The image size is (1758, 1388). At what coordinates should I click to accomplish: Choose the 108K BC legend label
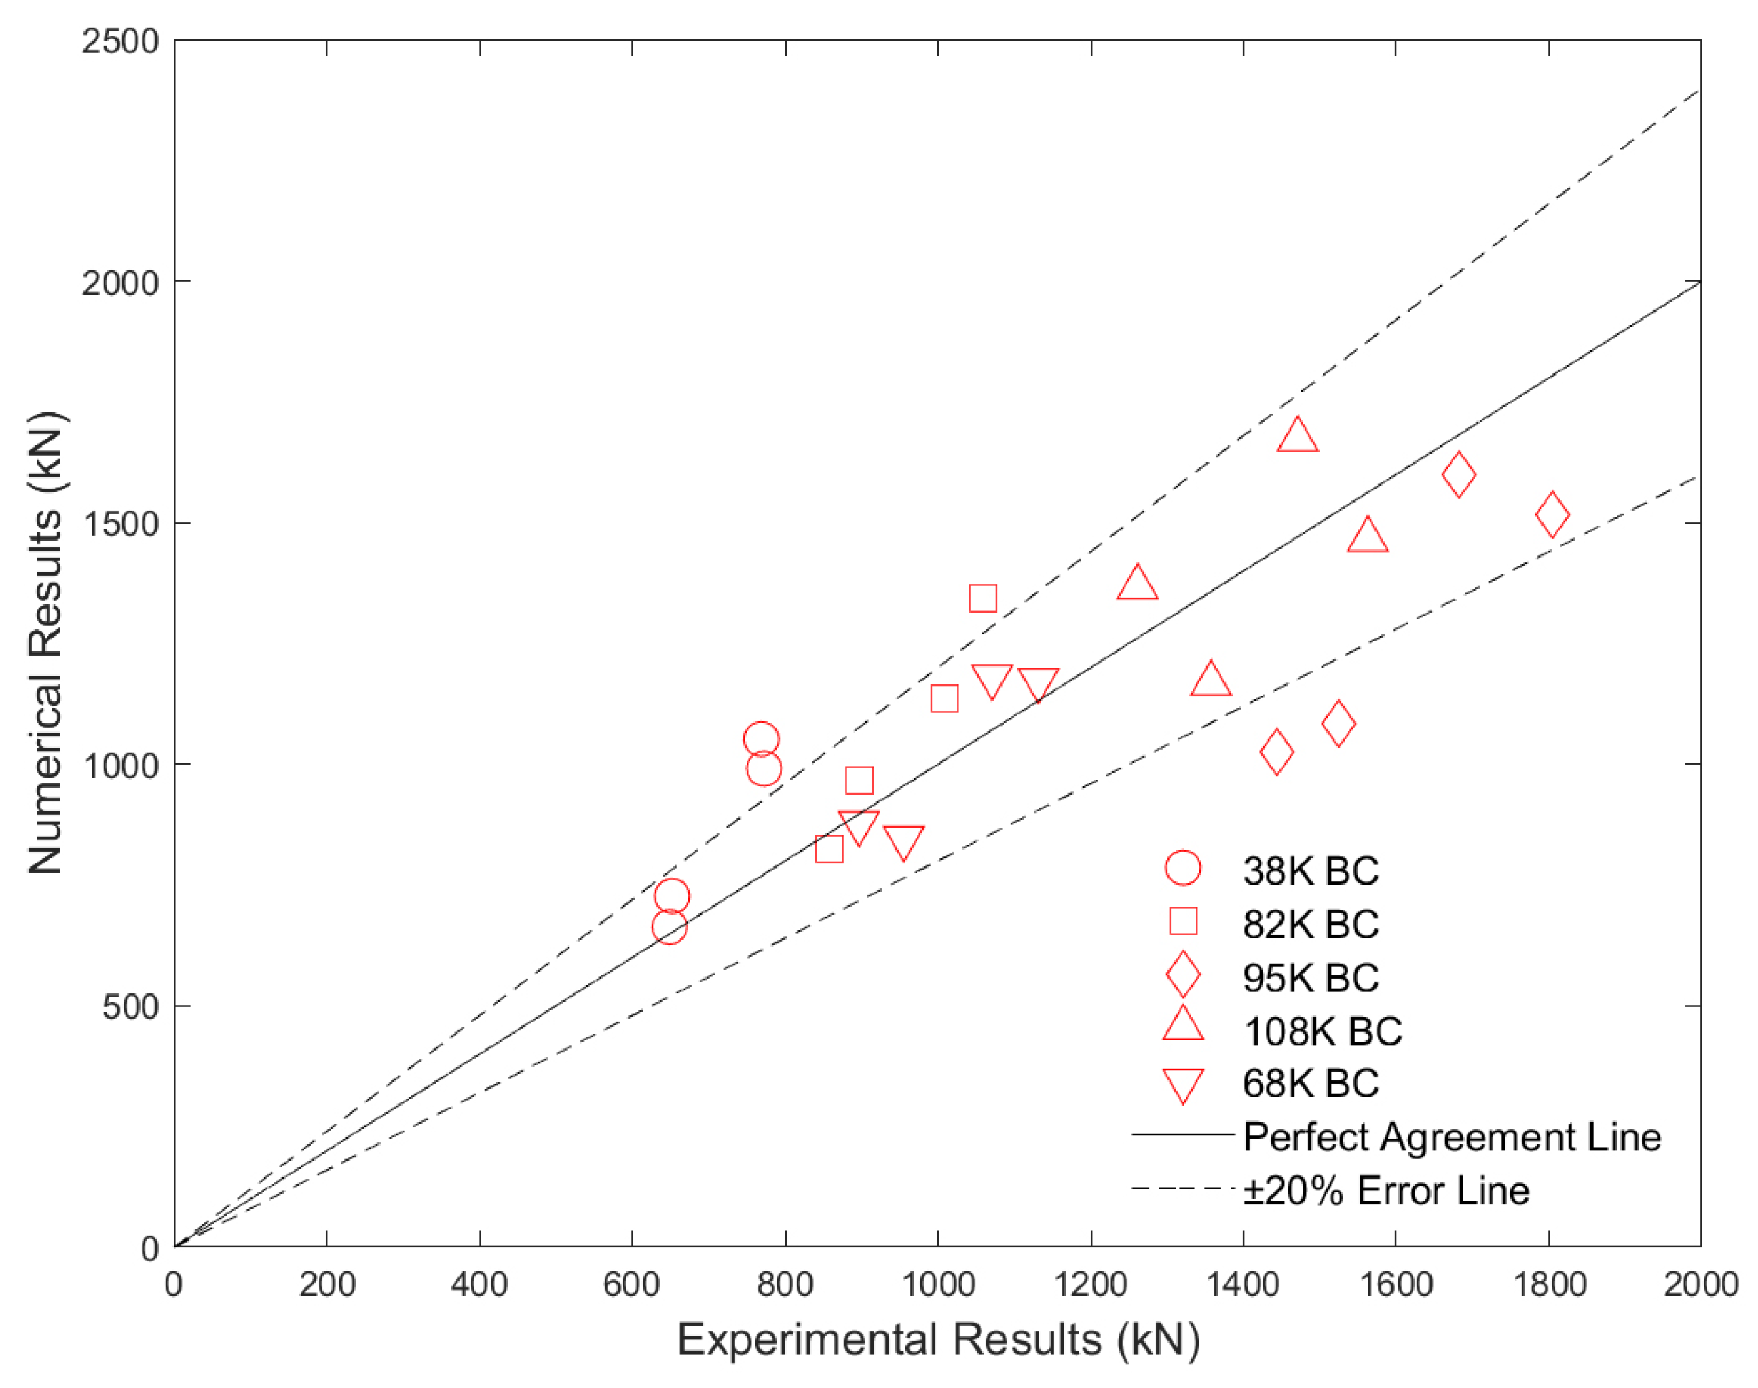pyautogui.click(x=1322, y=1031)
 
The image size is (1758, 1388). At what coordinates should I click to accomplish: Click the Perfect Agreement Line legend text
pyautogui.click(x=1452, y=1137)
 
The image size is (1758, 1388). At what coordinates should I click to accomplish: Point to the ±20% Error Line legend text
pyautogui.click(x=1386, y=1190)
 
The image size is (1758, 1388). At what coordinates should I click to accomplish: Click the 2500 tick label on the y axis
pyautogui.click(x=120, y=41)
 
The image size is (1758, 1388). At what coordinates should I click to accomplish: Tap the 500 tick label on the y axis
pyautogui.click(x=130, y=1007)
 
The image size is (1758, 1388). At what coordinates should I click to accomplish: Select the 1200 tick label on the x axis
pyautogui.click(x=1090, y=1285)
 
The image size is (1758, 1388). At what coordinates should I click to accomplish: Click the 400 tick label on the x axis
pyautogui.click(x=479, y=1285)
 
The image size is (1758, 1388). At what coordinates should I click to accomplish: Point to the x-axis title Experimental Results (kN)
pyautogui.click(x=938, y=1339)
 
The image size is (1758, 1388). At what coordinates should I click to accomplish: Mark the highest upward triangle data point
pyautogui.click(x=1297, y=435)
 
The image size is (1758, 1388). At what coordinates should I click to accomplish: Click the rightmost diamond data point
pyautogui.click(x=1552, y=515)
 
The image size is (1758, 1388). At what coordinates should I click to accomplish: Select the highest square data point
pyautogui.click(x=983, y=599)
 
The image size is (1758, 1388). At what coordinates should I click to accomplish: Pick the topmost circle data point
pyautogui.click(x=761, y=739)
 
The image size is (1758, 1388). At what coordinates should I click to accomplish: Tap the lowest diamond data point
pyautogui.click(x=1276, y=752)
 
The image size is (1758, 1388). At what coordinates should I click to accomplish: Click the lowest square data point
pyautogui.click(x=829, y=850)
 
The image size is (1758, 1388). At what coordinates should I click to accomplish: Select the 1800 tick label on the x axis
pyautogui.click(x=1548, y=1285)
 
